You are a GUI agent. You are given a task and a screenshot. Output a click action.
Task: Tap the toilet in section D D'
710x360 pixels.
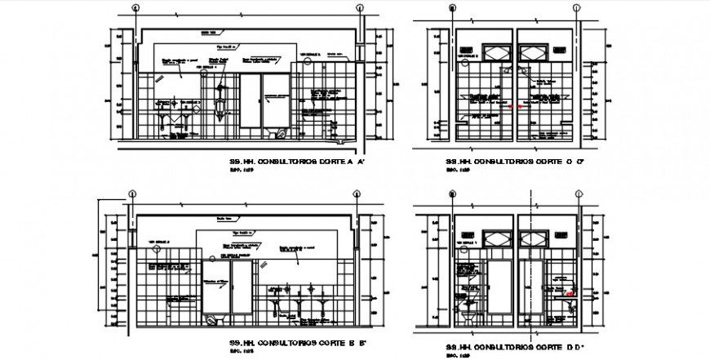click(468, 315)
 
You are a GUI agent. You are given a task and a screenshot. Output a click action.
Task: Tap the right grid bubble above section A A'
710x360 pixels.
click(359, 10)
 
